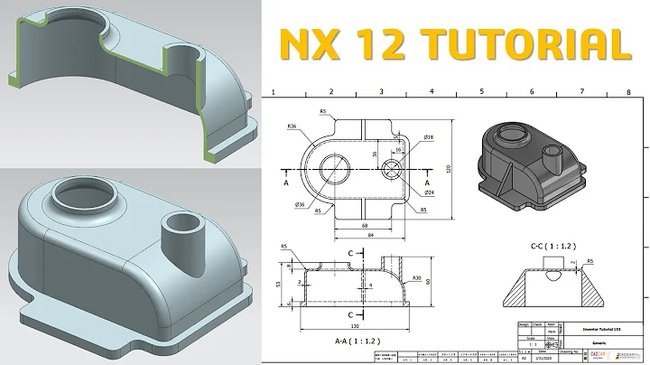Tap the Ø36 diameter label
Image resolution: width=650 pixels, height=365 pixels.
(x=299, y=206)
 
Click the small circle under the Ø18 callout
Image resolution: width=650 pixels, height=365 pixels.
(x=393, y=169)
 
